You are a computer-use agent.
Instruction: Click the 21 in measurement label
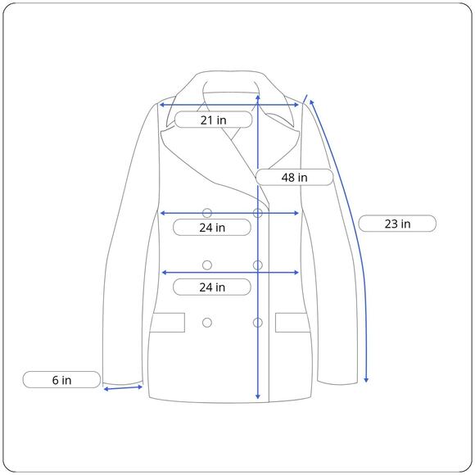(x=213, y=120)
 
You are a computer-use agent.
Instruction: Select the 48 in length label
(x=295, y=177)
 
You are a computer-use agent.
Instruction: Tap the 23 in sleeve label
(x=397, y=224)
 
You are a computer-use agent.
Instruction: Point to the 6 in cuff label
(x=61, y=379)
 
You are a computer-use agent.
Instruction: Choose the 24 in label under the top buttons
(x=212, y=227)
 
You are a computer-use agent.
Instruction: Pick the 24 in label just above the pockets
(x=212, y=287)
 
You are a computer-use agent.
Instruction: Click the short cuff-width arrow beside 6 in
(x=123, y=388)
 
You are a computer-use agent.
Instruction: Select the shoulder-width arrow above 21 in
(x=229, y=105)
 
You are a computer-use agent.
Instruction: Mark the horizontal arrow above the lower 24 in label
(x=230, y=273)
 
